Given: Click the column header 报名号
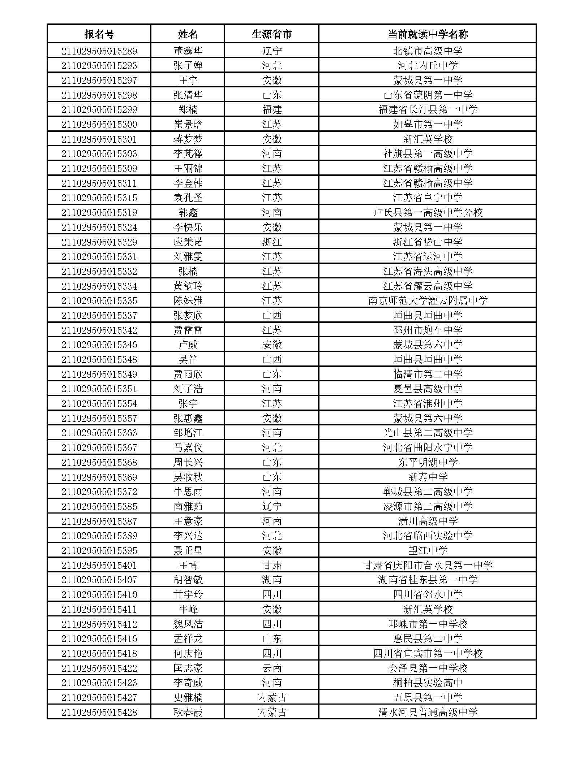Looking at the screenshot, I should tap(99, 34).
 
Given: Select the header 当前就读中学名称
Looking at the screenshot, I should tap(428, 34).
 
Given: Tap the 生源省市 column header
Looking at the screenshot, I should tap(271, 34).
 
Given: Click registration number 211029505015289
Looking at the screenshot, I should tap(99, 51).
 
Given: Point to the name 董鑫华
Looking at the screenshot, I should tap(188, 51).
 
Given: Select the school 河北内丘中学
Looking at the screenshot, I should tap(428, 65).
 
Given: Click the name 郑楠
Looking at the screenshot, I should tap(188, 109).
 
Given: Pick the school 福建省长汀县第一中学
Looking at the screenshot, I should tap(428, 109).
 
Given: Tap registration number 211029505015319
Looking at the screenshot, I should tap(99, 212).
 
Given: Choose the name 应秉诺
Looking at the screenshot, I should tap(188, 242).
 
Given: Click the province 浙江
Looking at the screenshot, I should tap(271, 242).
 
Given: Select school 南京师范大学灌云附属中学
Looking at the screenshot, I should tap(428, 300).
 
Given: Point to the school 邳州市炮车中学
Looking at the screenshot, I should tap(428, 330).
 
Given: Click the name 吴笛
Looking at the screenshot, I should tap(188, 359).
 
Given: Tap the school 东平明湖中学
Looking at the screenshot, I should tap(428, 462).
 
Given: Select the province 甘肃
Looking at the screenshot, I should tap(271, 565).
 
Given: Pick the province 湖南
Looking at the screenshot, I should tap(271, 580).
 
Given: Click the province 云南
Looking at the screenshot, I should tap(271, 668).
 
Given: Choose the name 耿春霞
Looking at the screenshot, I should tap(188, 712).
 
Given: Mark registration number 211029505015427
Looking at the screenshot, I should tap(99, 697).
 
